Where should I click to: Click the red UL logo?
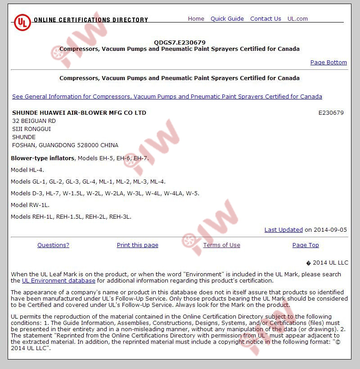click(x=22, y=22)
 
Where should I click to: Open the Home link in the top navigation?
click(x=196, y=18)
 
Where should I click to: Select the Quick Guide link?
click(x=227, y=18)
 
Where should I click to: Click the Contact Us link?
click(x=265, y=18)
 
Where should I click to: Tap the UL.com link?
click(x=297, y=18)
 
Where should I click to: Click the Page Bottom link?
click(x=328, y=63)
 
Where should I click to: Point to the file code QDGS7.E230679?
click(x=180, y=42)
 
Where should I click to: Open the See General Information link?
click(x=167, y=96)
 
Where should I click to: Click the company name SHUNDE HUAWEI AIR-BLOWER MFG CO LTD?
click(x=79, y=112)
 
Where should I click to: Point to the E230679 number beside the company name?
click(x=331, y=112)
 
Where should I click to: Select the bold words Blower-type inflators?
click(x=43, y=158)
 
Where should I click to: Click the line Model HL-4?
click(x=27, y=170)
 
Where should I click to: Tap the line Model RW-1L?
click(x=30, y=205)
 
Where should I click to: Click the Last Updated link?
click(x=283, y=229)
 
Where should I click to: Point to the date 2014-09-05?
click(x=330, y=229)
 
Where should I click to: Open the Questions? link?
click(x=53, y=245)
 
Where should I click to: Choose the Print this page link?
click(x=137, y=245)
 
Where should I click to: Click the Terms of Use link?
click(x=221, y=245)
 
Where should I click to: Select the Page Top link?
click(x=306, y=245)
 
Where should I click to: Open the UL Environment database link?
click(x=58, y=280)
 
